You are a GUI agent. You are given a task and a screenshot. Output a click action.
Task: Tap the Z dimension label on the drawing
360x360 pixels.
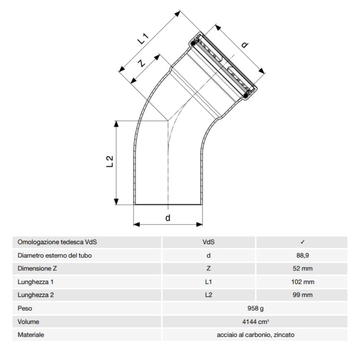click(141, 63)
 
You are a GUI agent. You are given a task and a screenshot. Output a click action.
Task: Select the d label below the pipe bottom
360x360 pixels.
click(168, 218)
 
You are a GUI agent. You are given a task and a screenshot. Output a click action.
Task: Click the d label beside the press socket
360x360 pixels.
click(244, 44)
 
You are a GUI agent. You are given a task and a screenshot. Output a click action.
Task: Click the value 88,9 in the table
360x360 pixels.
click(302, 255)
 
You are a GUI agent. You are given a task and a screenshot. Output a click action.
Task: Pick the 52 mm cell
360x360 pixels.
click(302, 269)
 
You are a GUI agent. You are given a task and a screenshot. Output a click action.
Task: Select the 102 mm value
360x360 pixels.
click(302, 282)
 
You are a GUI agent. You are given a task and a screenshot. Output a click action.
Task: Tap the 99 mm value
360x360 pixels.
click(302, 295)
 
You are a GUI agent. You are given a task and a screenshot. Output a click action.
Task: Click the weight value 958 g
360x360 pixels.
click(254, 308)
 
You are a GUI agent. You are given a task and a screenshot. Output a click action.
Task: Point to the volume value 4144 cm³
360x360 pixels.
click(254, 321)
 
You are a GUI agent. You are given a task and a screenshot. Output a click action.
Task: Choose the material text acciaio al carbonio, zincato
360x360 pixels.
click(254, 335)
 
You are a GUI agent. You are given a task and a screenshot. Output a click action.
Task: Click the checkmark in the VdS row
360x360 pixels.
click(302, 242)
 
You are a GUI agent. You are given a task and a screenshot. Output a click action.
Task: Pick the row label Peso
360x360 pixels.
click(25, 308)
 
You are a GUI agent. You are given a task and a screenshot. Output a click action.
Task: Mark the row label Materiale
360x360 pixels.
click(31, 335)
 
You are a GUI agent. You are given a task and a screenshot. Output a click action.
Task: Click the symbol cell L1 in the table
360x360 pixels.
click(208, 282)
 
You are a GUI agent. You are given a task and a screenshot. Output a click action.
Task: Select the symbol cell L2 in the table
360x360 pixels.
click(208, 295)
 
